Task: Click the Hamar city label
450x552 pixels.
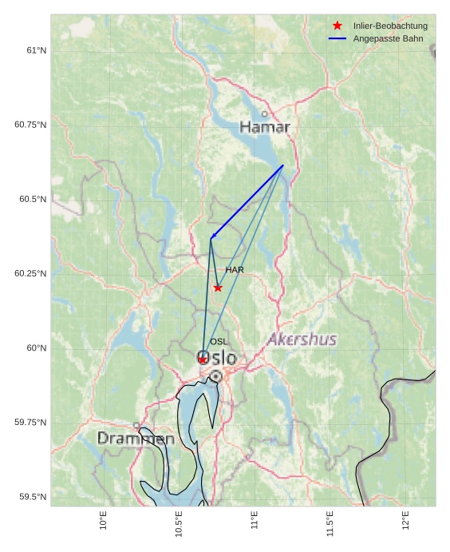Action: (265, 127)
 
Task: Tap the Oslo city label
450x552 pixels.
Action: (217, 358)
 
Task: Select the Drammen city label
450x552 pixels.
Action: (136, 439)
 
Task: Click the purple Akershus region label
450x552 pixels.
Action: (302, 340)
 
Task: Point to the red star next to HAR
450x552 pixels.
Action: (218, 288)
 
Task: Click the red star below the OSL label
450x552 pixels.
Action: (203, 359)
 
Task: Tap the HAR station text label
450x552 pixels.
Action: (235, 270)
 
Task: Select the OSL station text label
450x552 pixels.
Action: (219, 342)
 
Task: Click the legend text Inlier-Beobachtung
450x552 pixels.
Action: (390, 26)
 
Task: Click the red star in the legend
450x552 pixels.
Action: (337, 26)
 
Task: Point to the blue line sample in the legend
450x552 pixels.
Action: (337, 38)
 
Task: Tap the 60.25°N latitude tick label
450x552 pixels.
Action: (30, 273)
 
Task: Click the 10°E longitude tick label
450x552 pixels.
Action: (103, 521)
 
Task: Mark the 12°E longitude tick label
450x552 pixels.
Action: (405, 521)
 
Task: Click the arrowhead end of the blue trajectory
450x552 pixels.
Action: (211, 237)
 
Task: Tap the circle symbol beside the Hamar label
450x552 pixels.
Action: (265, 114)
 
